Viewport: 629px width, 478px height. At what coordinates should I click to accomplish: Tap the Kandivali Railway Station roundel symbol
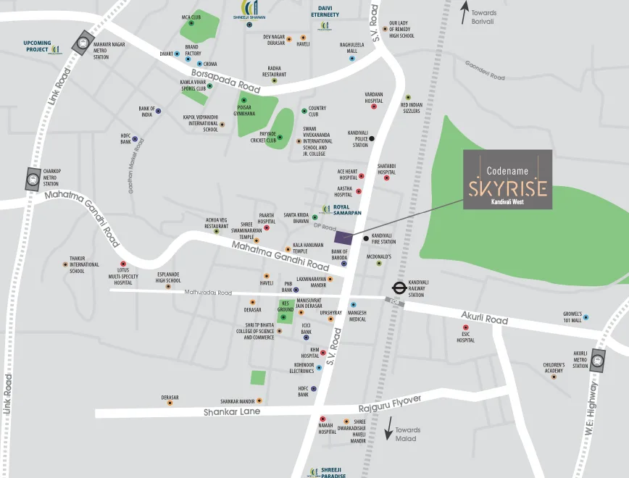coord(397,288)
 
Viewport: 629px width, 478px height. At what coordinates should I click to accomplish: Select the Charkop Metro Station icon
coord(33,178)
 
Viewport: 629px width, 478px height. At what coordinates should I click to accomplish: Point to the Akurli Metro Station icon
coord(597,360)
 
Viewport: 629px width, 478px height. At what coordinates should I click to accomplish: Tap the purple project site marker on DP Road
coord(343,238)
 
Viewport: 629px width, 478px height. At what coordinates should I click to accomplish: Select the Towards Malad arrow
coord(388,428)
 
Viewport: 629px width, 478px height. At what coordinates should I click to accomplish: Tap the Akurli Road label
coord(485,316)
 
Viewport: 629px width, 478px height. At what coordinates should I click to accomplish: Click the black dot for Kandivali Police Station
coord(372,138)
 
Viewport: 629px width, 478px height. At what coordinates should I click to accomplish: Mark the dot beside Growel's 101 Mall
coord(586,317)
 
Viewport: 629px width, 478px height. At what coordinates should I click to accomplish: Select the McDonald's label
coord(378,256)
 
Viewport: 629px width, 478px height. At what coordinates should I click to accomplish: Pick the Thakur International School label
coord(83,264)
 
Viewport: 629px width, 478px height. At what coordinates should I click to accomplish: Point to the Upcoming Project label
coord(37,46)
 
